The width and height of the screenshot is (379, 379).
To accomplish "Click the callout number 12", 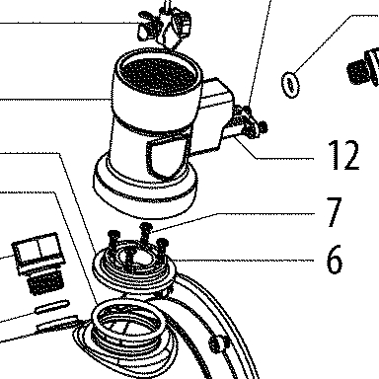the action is pos(343,154).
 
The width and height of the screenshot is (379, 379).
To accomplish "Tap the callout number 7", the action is pos(335,211).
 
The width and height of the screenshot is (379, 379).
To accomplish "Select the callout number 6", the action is pos(335,259).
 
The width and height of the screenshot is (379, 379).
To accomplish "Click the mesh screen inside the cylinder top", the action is pos(159,76).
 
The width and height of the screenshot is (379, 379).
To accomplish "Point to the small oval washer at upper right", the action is pos(290,85).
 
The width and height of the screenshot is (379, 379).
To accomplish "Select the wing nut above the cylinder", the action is pos(164,25).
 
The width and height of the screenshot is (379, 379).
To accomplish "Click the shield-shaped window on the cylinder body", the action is pos(168,157).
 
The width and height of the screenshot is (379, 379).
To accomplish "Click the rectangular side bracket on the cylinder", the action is pos(215,115).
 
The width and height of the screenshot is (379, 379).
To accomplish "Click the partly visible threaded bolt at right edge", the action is pos(363,68).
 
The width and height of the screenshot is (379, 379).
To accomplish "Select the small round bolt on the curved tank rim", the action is pos(217,343).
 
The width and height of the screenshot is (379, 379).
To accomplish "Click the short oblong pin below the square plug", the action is pos(52,307).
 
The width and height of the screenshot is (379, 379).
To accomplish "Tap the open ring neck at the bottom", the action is pos(127,321).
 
